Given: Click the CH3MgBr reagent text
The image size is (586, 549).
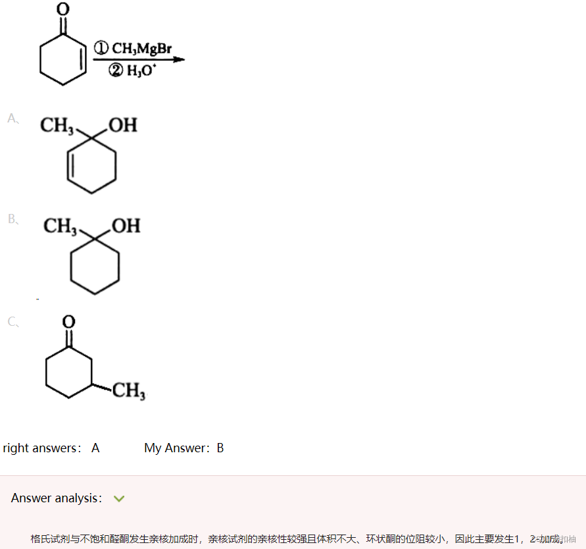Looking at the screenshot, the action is (142, 48).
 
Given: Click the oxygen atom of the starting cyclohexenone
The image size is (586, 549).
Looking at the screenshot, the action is (63, 9).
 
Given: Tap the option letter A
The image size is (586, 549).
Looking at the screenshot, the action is (12, 118).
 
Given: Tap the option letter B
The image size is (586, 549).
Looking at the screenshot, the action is (12, 219).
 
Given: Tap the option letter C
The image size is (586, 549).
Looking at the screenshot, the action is (12, 322).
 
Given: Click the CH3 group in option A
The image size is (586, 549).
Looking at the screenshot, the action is (57, 125).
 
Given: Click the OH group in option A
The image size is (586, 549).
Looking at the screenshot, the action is (123, 125).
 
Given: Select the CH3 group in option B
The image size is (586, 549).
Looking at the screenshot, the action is (61, 226).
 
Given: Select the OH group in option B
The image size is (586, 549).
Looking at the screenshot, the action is (126, 226).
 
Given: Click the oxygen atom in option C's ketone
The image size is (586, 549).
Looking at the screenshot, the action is (68, 322).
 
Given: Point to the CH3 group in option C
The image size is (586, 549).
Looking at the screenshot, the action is (129, 392).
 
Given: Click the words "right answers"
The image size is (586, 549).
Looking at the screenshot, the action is (40, 448).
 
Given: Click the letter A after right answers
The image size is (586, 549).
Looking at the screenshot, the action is (95, 448).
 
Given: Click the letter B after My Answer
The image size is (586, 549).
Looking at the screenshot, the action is (220, 448).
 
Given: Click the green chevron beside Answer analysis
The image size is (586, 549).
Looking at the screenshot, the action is (119, 499).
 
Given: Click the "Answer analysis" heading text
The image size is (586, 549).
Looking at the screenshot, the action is (55, 498).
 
